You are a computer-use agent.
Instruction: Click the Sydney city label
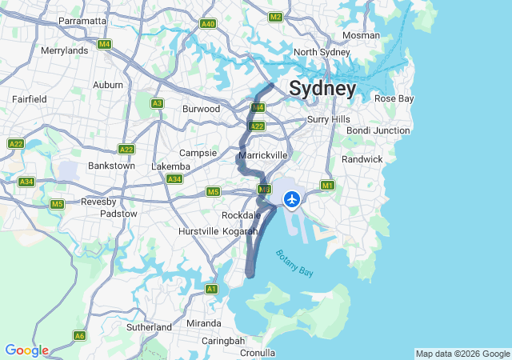tap(322, 88)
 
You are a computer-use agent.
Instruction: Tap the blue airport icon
tap(292, 198)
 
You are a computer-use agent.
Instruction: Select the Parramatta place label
tap(83, 21)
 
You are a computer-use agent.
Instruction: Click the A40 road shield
tap(208, 24)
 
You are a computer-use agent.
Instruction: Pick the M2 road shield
tap(276, 17)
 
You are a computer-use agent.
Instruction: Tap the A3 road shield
tap(158, 103)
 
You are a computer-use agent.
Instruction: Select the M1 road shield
tap(327, 186)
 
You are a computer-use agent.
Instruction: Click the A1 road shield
tap(211, 289)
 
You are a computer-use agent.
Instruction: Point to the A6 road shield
tap(79, 335)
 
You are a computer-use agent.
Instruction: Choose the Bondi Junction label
tap(378, 130)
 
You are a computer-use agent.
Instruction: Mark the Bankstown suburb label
tap(110, 166)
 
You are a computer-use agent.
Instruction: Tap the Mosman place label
tap(361, 35)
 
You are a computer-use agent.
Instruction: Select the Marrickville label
tap(262, 154)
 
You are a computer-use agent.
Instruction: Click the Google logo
tap(26, 350)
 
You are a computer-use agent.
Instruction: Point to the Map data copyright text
tap(462, 354)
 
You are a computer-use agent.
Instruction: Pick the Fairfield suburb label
tap(30, 99)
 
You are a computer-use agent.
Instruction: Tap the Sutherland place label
tap(149, 327)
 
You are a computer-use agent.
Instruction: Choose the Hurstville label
tap(198, 231)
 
